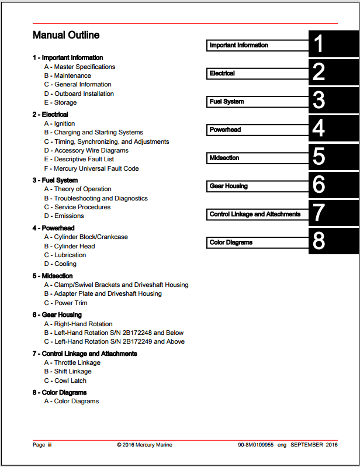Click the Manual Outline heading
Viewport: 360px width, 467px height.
pyautogui.click(x=66, y=35)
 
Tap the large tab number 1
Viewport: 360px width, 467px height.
pyautogui.click(x=319, y=45)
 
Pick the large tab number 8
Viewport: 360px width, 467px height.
pyautogui.click(x=319, y=242)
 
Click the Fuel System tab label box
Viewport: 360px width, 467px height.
pyautogui.click(x=258, y=102)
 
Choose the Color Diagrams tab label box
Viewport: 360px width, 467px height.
pyautogui.click(x=258, y=242)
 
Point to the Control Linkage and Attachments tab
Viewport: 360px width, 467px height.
pyautogui.click(x=258, y=215)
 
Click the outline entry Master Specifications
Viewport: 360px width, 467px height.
pyautogui.click(x=85, y=67)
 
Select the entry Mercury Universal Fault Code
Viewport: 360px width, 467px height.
pyautogui.click(x=96, y=168)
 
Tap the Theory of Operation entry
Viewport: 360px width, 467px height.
pyautogui.click(x=82, y=189)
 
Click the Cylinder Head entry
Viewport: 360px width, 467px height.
pyautogui.click(x=74, y=246)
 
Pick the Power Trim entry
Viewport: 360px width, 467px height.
pyautogui.click(x=71, y=303)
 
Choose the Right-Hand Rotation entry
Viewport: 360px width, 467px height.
pyautogui.click(x=83, y=324)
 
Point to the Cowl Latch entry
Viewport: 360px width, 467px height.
pyautogui.click(x=70, y=380)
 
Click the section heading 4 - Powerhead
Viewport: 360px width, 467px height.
pyautogui.click(x=54, y=228)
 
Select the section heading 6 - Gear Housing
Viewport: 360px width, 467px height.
pyautogui.click(x=57, y=315)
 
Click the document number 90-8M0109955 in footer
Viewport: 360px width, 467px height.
pyautogui.click(x=255, y=445)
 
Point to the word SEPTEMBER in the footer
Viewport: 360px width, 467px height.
pyautogui.click(x=306, y=445)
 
